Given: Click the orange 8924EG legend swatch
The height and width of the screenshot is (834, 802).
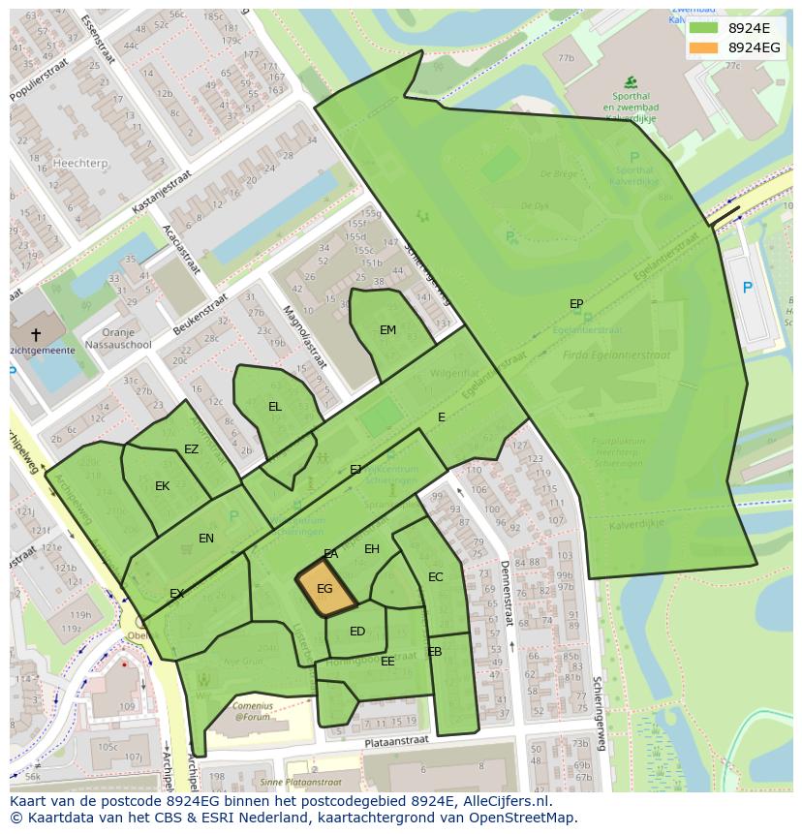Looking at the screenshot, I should click(704, 47).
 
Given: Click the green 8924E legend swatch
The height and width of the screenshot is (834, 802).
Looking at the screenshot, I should click(704, 28).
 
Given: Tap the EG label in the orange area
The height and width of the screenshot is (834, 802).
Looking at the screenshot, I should click(324, 588).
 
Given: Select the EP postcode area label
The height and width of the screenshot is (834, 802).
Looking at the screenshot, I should click(576, 304).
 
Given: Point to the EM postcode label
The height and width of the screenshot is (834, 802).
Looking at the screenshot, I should click(387, 330).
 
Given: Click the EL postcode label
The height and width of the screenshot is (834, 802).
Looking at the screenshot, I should click(275, 407).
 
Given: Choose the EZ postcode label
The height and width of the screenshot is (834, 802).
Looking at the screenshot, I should click(191, 449).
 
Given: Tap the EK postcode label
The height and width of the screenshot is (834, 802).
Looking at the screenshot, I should click(163, 486).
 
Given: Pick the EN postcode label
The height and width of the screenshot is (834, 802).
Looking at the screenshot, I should click(206, 539).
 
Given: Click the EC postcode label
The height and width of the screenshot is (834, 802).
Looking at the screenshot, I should click(435, 577).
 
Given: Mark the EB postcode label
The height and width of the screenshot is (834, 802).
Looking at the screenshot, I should click(435, 652).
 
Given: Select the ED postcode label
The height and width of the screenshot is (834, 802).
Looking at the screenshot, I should click(357, 632).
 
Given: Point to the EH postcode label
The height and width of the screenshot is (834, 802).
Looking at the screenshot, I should click(372, 549).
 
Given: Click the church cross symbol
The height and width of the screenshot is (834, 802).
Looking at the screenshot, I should click(36, 334).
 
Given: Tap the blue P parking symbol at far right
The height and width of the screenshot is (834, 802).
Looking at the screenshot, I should click(747, 288).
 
